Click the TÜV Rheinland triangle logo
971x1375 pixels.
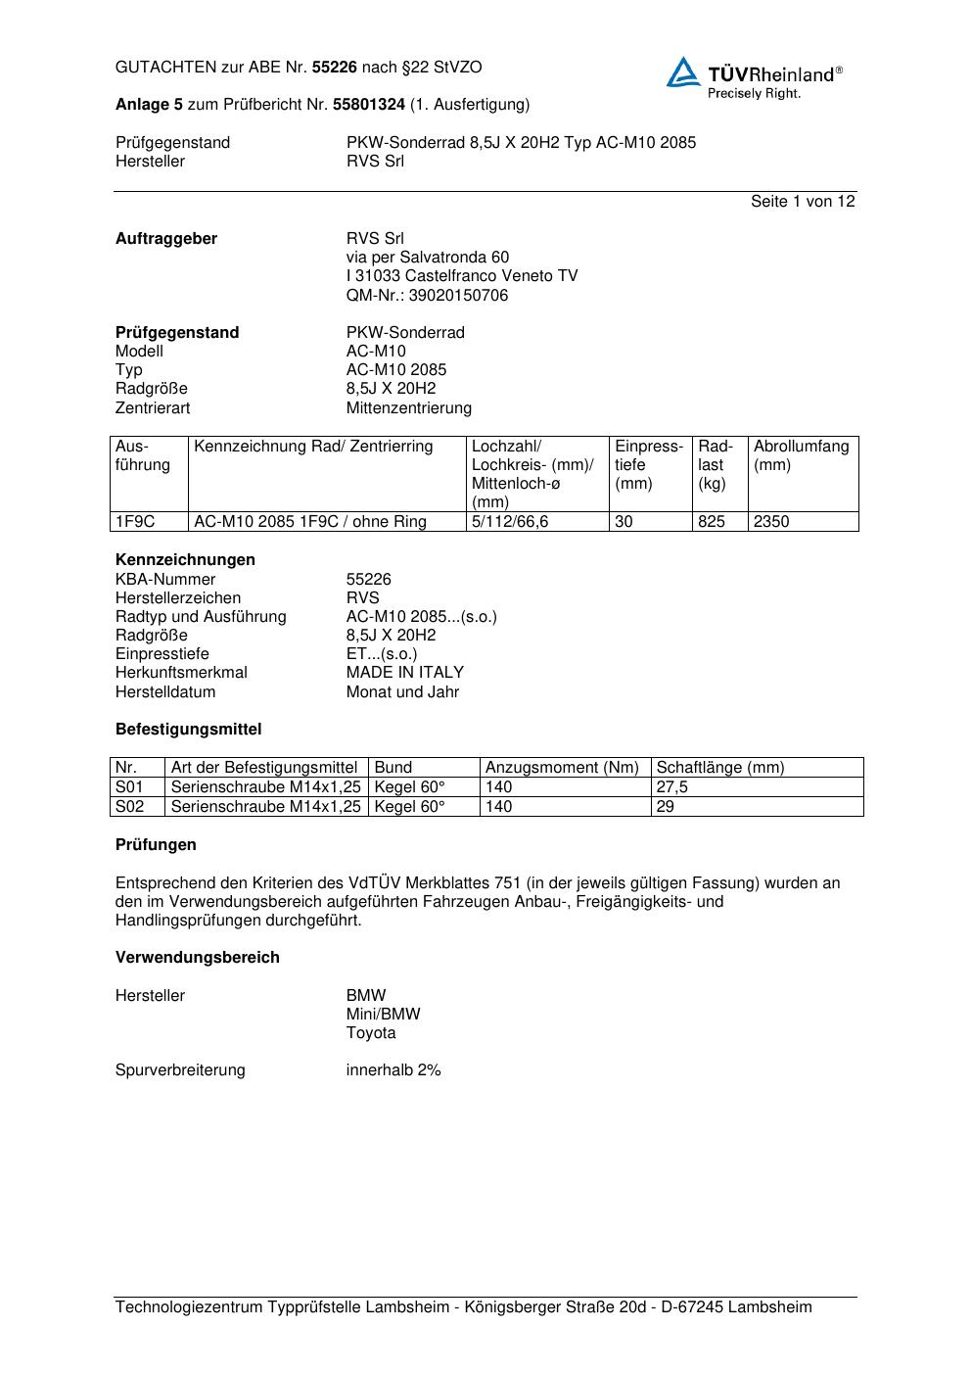pyautogui.click(x=683, y=72)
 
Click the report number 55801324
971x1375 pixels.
pyautogui.click(x=369, y=104)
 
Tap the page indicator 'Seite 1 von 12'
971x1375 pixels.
pyautogui.click(x=803, y=202)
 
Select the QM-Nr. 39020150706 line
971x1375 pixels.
pyautogui.click(x=427, y=296)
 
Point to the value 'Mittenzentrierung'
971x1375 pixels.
pyautogui.click(x=408, y=408)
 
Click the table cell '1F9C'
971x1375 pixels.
pyautogui.click(x=135, y=522)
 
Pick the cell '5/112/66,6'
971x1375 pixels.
pyautogui.click(x=510, y=522)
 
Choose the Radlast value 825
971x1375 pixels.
pyautogui.click(x=712, y=522)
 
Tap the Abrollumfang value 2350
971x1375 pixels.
pyautogui.click(x=771, y=522)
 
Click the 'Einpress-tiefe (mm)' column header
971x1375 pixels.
pyautogui.click(x=649, y=465)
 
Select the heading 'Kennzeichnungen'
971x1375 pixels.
pyautogui.click(x=185, y=560)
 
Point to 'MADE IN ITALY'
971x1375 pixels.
pyautogui.click(x=405, y=673)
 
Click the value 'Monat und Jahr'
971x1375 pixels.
pyautogui.click(x=402, y=692)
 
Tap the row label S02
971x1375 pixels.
pyautogui.click(x=129, y=807)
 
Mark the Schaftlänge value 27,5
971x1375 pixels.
pyautogui.click(x=672, y=787)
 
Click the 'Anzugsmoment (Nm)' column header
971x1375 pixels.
pyautogui.click(x=562, y=768)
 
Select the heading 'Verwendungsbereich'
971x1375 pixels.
pyautogui.click(x=198, y=958)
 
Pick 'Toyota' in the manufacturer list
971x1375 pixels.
pyautogui.click(x=371, y=1033)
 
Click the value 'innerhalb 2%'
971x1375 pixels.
pyautogui.click(x=393, y=1070)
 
